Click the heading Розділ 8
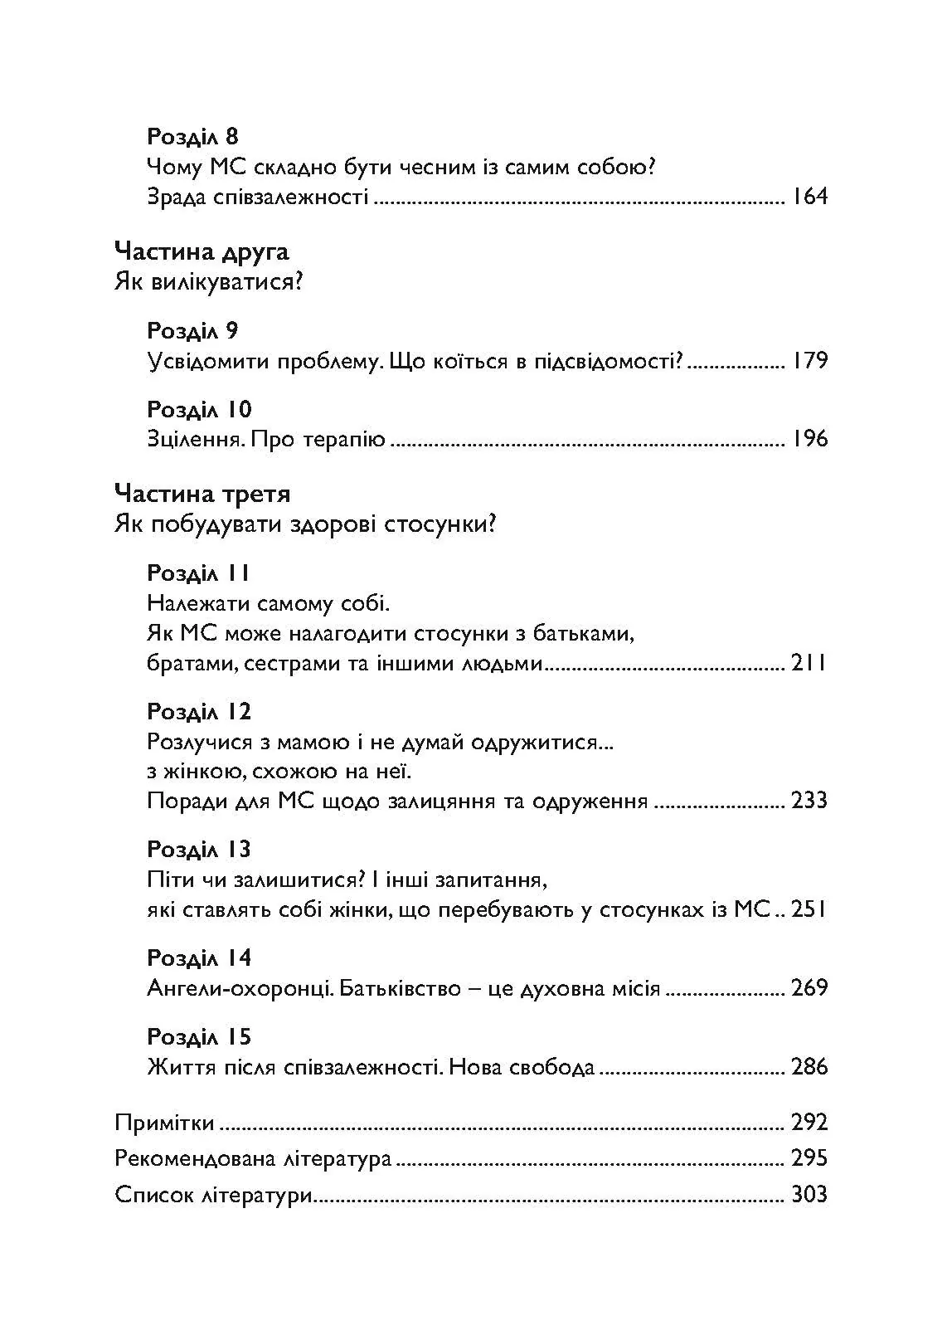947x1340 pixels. coord(192,136)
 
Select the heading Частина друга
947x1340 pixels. coord(202,251)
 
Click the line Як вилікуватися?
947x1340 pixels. coord(209,282)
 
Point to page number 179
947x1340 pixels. coord(809,361)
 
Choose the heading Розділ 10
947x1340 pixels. coord(199,410)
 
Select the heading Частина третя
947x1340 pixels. coord(203,495)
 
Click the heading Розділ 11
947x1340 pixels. coord(198,573)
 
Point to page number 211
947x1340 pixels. coord(809,664)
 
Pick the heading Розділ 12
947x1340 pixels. coord(199,712)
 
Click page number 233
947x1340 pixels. coord(809,801)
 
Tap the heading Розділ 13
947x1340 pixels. coord(199,849)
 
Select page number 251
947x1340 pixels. coord(809,909)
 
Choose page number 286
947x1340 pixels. coord(809,1067)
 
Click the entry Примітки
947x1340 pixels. coord(165,1123)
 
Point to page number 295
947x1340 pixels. coord(809,1158)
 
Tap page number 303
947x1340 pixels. coord(809,1195)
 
